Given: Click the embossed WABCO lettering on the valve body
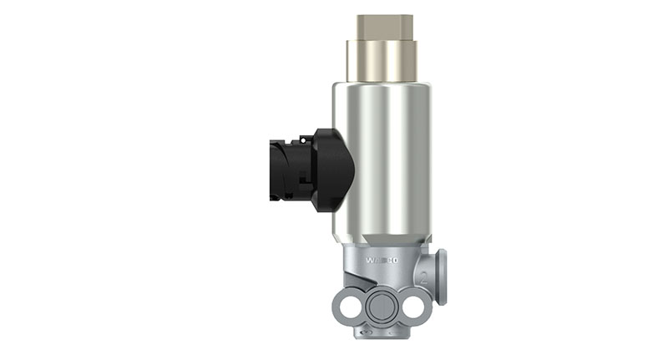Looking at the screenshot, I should coord(382,260).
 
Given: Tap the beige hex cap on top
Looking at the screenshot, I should coord(384,26).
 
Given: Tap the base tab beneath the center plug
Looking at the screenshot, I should coord(381,333).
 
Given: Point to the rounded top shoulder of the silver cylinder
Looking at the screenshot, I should coord(383,85).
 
